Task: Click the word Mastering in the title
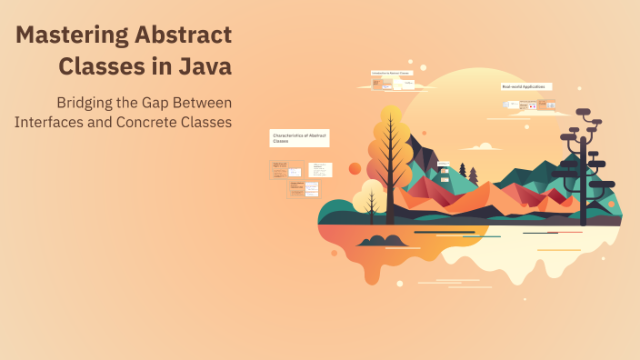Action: (x=71, y=35)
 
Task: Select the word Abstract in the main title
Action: (x=185, y=35)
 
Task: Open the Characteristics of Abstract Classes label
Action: (x=299, y=137)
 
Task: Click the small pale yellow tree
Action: (x=371, y=195)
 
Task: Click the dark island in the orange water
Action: (x=383, y=241)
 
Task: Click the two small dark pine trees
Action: (x=467, y=170)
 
